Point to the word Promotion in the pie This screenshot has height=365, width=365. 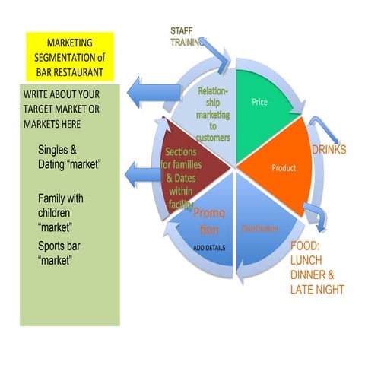tap(207, 221)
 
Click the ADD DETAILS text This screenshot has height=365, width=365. tap(209, 248)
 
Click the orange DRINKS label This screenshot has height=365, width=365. tap(328, 150)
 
